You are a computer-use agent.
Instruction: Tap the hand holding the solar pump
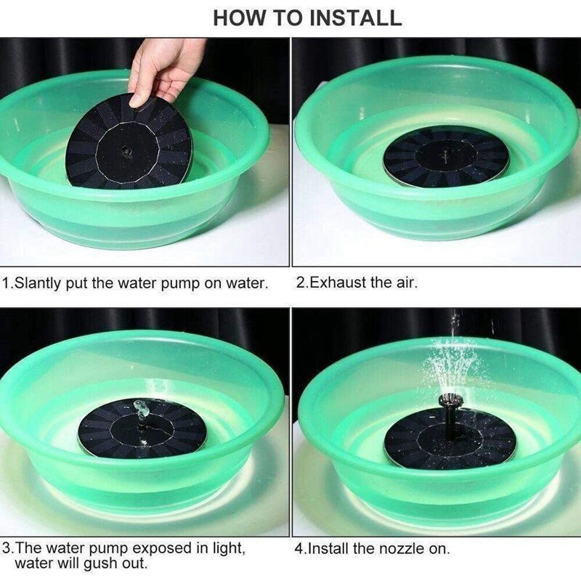tap(163, 69)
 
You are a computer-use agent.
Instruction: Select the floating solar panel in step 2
tap(446, 156)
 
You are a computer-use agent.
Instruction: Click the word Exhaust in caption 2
tap(337, 283)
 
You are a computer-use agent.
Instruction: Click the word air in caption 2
tap(407, 283)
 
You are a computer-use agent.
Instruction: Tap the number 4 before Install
tap(298, 549)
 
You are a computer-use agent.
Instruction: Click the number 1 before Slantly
tap(7, 283)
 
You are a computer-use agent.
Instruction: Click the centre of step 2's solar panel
tap(446, 155)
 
